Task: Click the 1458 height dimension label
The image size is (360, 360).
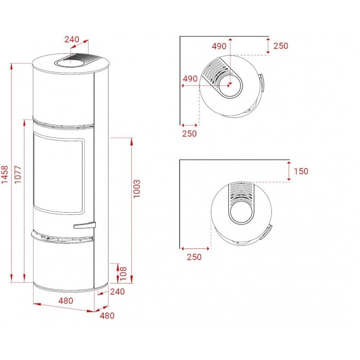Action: click(x=4, y=174)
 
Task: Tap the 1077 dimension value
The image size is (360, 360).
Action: click(x=18, y=174)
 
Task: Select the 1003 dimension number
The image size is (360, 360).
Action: click(x=136, y=189)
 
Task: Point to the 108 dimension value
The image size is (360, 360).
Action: click(x=124, y=274)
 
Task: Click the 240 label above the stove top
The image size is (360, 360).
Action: click(x=71, y=39)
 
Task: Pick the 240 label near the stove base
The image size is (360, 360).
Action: click(x=117, y=291)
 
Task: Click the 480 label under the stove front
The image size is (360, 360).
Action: click(x=66, y=301)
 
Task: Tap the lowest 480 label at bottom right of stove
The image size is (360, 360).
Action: click(x=107, y=316)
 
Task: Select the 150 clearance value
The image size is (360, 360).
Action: click(x=301, y=171)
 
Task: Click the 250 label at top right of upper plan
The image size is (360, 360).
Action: click(x=281, y=45)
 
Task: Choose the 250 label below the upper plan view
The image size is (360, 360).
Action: click(x=189, y=133)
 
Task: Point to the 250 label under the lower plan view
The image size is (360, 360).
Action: click(x=194, y=257)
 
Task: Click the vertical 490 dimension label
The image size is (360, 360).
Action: click(x=219, y=46)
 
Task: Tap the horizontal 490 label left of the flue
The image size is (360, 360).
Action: click(x=190, y=79)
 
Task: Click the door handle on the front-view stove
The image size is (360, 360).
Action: click(x=85, y=225)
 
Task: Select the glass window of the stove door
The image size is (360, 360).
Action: click(x=59, y=173)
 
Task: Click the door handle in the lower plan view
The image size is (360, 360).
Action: click(x=266, y=232)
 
